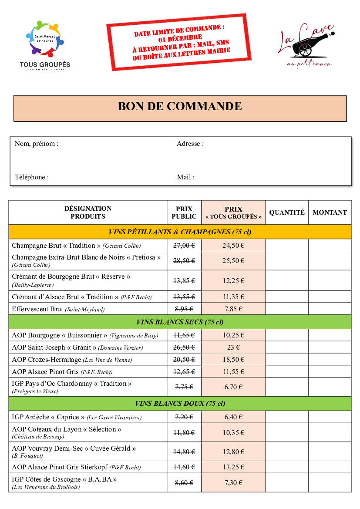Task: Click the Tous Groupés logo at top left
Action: click(x=45, y=44)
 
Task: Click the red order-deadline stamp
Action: click(x=179, y=41)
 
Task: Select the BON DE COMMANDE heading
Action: click(x=180, y=106)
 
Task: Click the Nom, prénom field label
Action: click(x=37, y=144)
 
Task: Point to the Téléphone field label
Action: click(x=32, y=177)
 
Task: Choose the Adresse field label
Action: click(x=190, y=144)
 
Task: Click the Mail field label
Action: click(x=186, y=177)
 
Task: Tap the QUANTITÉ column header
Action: click(x=287, y=212)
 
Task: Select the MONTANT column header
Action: click(x=330, y=212)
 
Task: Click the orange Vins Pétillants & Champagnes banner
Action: click(x=180, y=232)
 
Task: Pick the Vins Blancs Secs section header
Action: click(x=180, y=322)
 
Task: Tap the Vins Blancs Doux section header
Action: click(x=180, y=404)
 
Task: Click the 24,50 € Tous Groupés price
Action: click(x=233, y=246)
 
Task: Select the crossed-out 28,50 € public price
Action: click(x=184, y=261)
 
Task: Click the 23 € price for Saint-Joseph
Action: click(x=233, y=347)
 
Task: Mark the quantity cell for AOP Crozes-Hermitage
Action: click(x=287, y=360)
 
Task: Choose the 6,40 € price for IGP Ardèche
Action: click(x=233, y=417)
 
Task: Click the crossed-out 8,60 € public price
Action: click(x=184, y=483)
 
